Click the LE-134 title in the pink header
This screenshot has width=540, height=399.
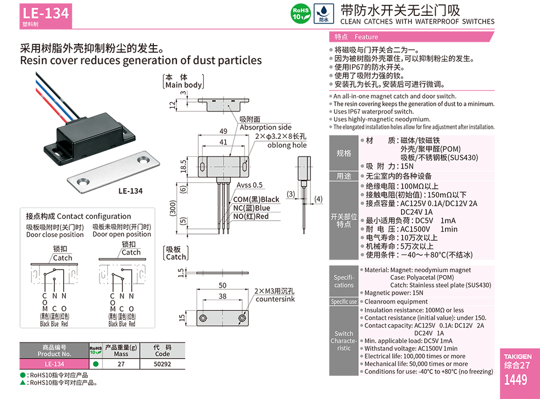[x=46, y=13]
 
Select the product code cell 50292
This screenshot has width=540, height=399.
[x=162, y=364]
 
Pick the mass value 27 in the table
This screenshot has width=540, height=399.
[x=121, y=364]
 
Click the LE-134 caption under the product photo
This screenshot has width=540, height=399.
[x=130, y=191]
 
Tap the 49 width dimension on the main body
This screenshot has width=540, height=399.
[x=223, y=132]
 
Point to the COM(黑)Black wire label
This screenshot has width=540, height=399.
[x=256, y=199]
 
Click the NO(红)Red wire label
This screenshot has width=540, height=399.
[x=251, y=216]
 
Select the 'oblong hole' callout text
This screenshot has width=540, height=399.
[x=287, y=145]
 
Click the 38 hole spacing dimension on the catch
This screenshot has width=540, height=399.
[x=222, y=296]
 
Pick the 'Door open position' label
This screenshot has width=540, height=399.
[x=121, y=234]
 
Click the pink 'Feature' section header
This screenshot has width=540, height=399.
[x=366, y=37]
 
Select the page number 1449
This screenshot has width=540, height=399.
[x=515, y=380]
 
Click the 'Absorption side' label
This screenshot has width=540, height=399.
[x=265, y=127]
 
